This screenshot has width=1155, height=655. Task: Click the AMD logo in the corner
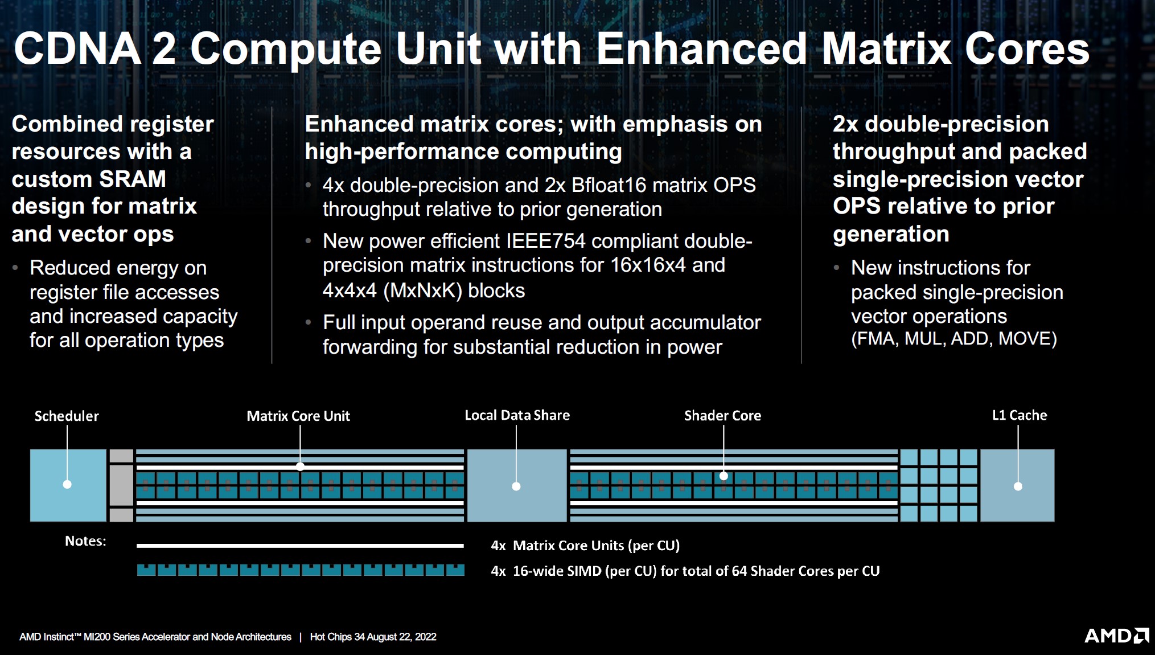(x=1116, y=635)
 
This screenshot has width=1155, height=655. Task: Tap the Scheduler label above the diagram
(x=67, y=416)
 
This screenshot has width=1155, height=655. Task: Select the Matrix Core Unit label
(x=298, y=416)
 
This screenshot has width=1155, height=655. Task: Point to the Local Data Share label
(x=517, y=415)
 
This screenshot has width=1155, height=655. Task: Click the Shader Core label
(x=722, y=416)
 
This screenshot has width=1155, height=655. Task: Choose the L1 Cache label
(x=1020, y=415)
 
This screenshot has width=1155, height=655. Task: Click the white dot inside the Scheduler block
(x=67, y=484)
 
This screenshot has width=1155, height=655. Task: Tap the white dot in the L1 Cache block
(x=1018, y=486)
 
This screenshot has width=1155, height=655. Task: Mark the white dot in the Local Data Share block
(x=516, y=486)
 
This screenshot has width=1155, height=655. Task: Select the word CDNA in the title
(x=77, y=48)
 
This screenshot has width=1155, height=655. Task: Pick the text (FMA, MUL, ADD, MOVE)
(x=954, y=339)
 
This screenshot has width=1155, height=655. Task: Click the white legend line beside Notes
(x=300, y=546)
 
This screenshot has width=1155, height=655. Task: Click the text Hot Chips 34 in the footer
(x=337, y=637)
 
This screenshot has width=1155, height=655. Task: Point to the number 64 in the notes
(x=739, y=571)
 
